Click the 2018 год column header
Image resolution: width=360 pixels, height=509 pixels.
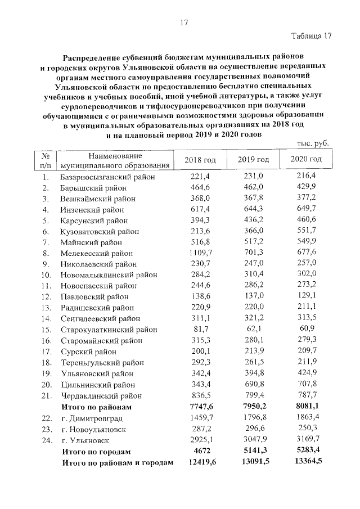(200, 160)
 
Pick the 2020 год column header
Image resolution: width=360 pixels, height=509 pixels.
(306, 160)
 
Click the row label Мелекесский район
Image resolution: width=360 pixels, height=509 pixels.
(97, 253)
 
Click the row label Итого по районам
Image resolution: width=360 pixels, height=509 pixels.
(97, 407)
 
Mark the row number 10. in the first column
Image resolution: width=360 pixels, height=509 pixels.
(46, 275)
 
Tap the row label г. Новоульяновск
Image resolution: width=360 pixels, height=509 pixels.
(91, 429)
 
